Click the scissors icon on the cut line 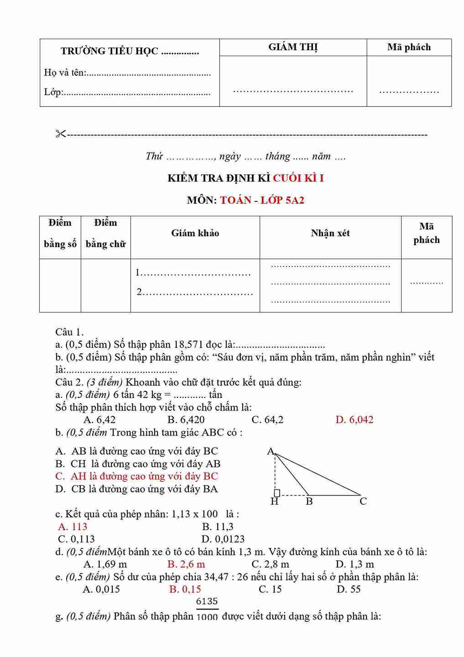click(61, 134)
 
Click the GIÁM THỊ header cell click(293, 47)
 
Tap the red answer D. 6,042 click(354, 420)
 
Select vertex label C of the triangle click(363, 501)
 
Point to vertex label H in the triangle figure click(274, 502)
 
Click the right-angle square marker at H click(277, 493)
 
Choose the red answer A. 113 click(73, 526)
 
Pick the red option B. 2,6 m click(186, 564)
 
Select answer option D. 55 click(349, 589)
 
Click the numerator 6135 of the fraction click(207, 601)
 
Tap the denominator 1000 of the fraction click(207, 617)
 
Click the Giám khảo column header click(195, 233)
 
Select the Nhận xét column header click(330, 233)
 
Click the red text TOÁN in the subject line click(235, 200)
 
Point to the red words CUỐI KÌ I click(298, 178)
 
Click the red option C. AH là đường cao click(136, 476)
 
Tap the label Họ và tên click(64, 72)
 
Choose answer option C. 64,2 click(267, 420)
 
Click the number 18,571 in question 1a click(188, 345)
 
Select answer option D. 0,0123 click(223, 539)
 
